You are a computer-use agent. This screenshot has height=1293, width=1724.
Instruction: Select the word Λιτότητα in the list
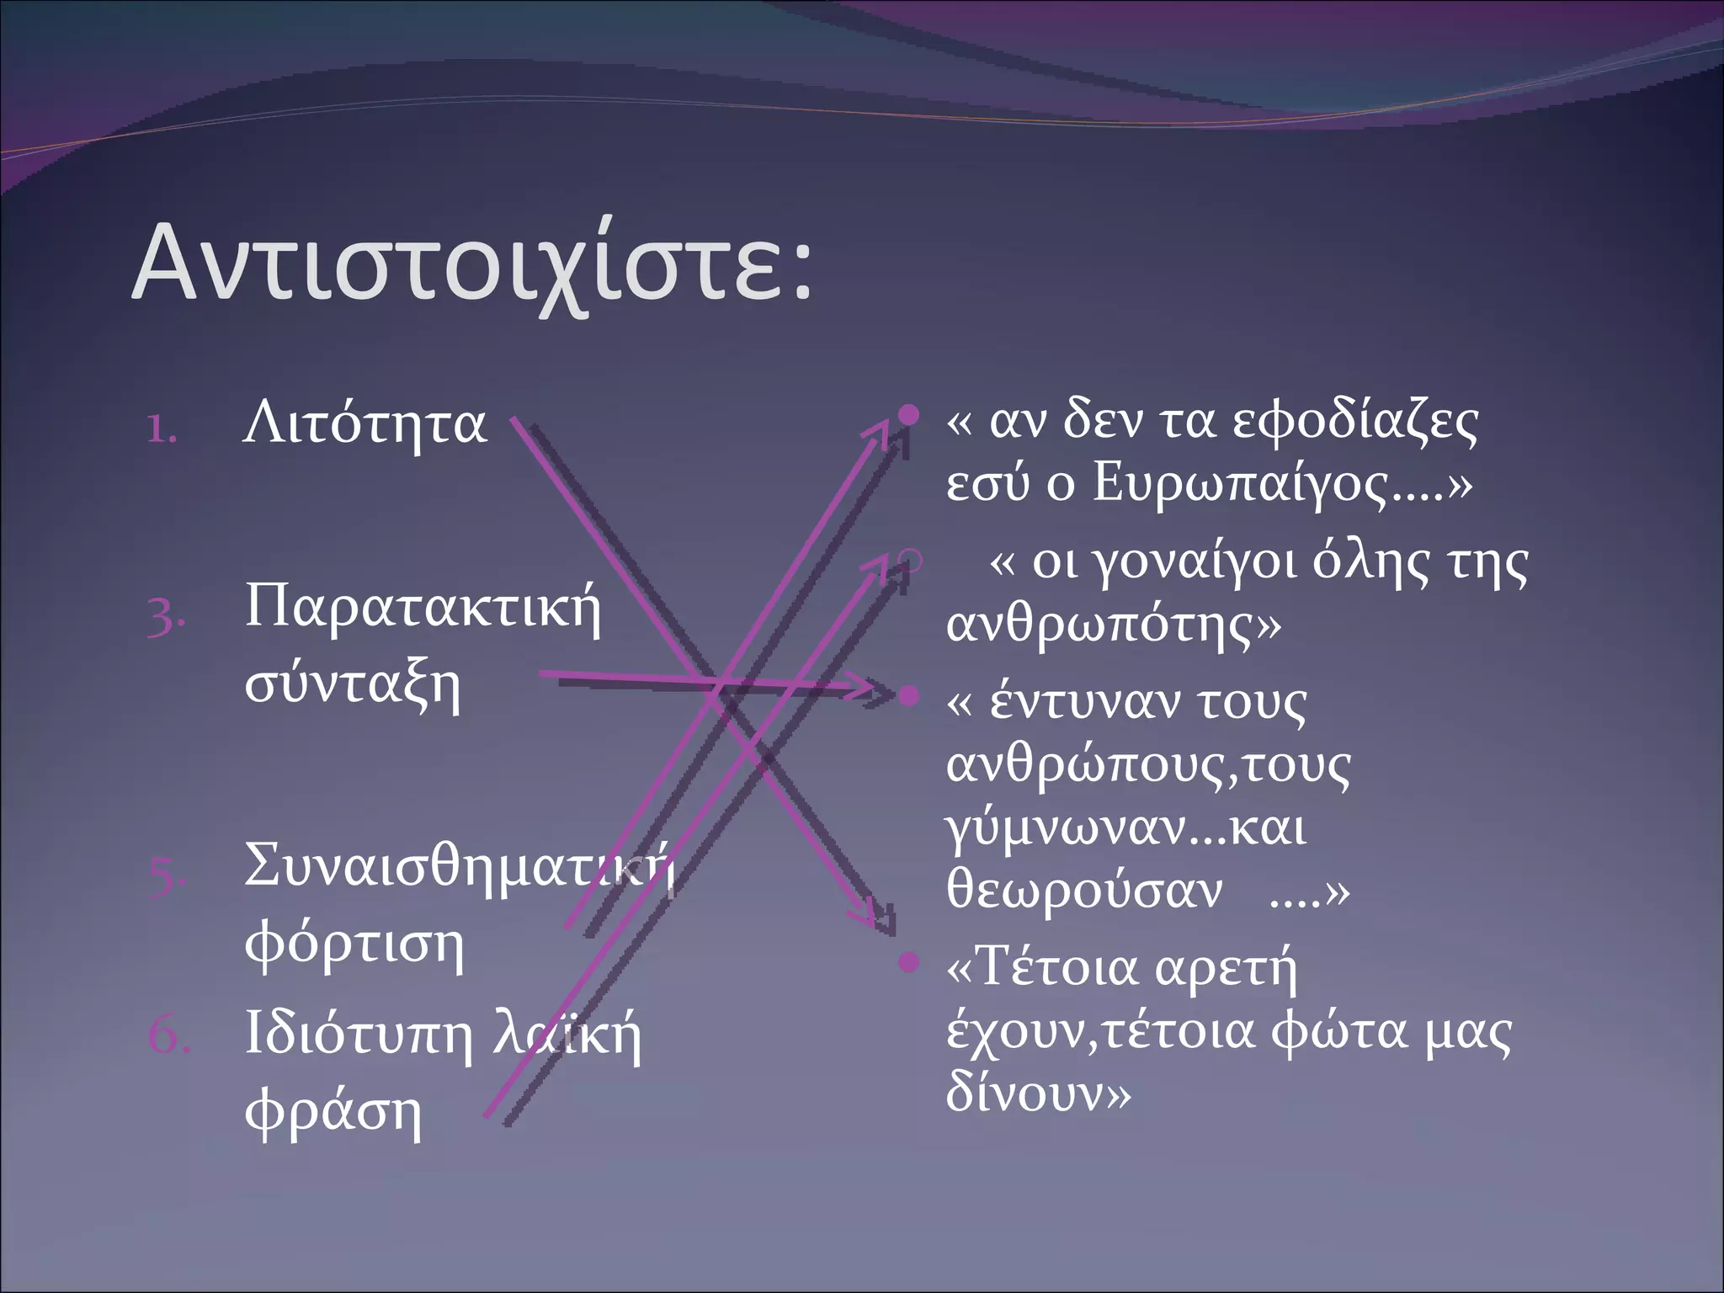coord(364,423)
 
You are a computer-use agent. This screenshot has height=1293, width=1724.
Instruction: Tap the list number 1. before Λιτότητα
coord(161,429)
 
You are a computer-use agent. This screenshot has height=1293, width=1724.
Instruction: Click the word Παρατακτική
coord(423,608)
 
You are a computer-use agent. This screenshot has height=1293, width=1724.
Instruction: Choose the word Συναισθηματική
coord(459,867)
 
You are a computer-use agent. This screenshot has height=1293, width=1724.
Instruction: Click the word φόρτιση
coord(354,944)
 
